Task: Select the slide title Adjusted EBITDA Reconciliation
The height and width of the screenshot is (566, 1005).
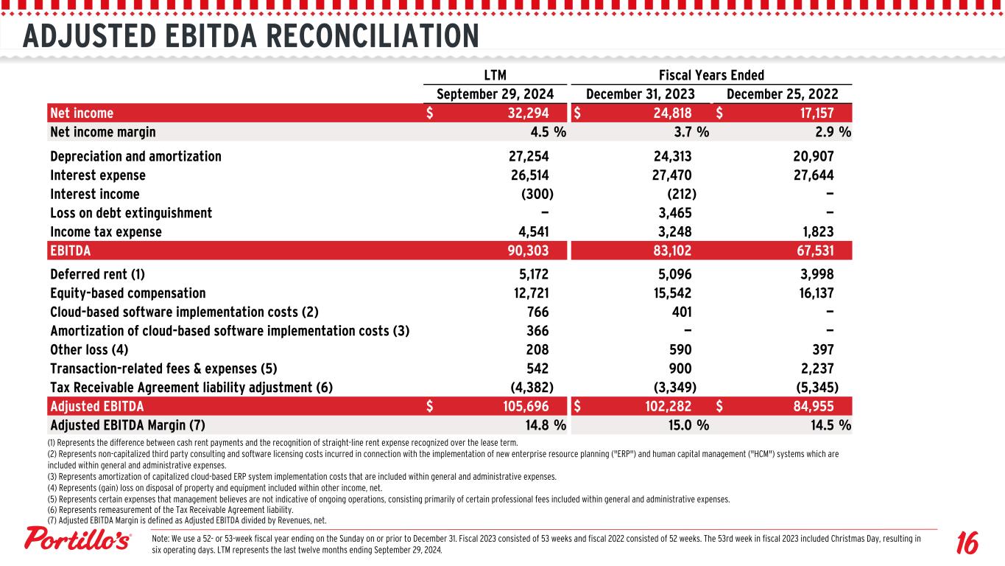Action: (x=251, y=35)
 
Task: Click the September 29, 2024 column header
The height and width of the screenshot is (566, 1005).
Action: (x=495, y=94)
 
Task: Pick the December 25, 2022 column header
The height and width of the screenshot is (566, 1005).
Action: (x=782, y=94)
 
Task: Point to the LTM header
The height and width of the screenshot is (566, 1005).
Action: (x=495, y=75)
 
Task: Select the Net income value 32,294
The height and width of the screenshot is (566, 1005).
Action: (x=524, y=113)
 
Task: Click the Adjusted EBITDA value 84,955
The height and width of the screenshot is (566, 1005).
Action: (x=809, y=406)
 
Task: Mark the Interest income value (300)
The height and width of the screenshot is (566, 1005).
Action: (x=537, y=195)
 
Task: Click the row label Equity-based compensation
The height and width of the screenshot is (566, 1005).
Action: (x=128, y=293)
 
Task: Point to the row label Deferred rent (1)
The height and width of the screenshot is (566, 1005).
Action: (x=98, y=275)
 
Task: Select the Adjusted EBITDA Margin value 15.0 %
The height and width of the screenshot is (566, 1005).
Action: (x=685, y=425)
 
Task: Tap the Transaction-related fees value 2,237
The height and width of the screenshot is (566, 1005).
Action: (x=813, y=368)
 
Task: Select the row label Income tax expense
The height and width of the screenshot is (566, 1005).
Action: (x=106, y=232)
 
